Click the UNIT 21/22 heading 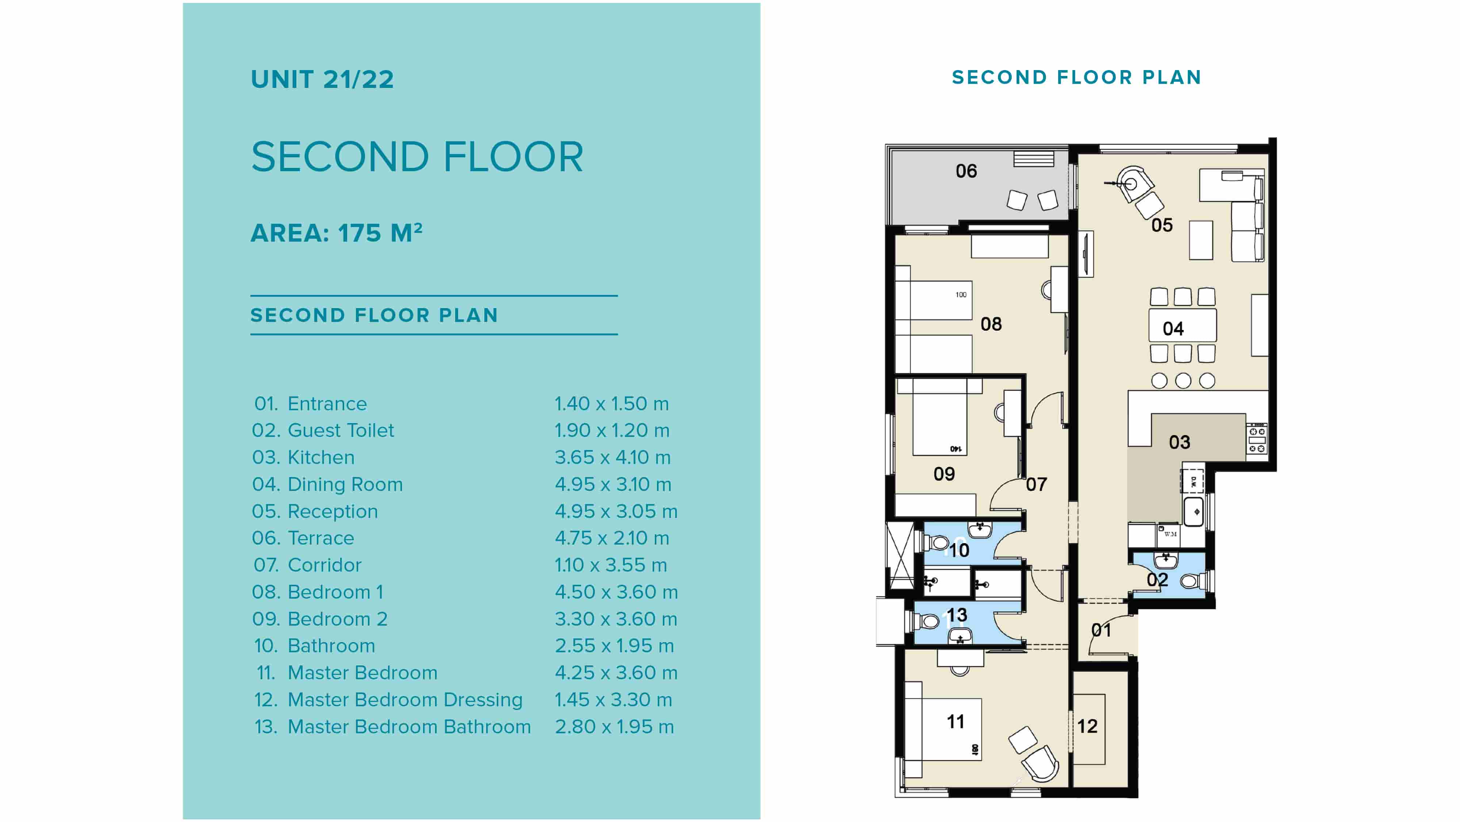[x=322, y=79]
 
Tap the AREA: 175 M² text [x=336, y=233]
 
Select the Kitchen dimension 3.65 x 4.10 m [x=612, y=457]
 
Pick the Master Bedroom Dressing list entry [x=405, y=700]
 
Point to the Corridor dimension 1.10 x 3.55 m [x=610, y=565]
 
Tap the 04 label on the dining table [x=1173, y=329]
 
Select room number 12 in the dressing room [x=1087, y=726]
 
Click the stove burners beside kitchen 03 [x=1257, y=439]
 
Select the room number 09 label [x=944, y=474]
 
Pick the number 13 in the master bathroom [x=956, y=615]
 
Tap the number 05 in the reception [x=1161, y=226]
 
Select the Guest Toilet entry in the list [x=340, y=431]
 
